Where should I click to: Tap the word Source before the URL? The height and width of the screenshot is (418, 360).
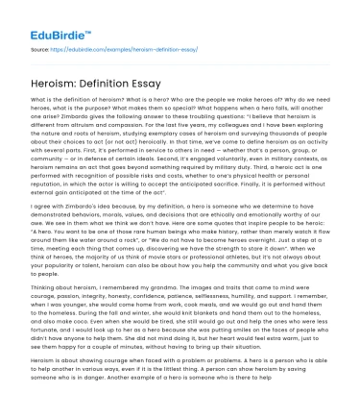coord(41,47)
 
